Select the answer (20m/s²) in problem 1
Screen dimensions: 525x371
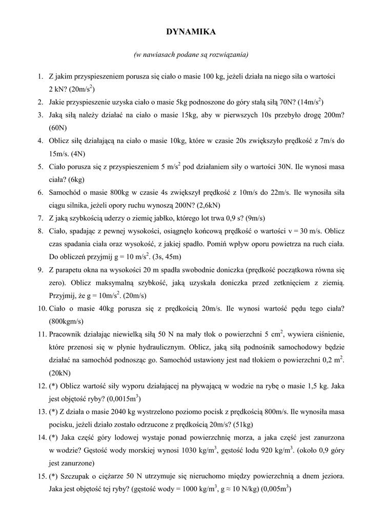[77, 89]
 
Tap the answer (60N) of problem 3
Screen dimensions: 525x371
[58, 127]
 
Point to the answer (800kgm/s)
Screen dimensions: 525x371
[66, 321]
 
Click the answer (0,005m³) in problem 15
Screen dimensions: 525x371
[276, 489]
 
